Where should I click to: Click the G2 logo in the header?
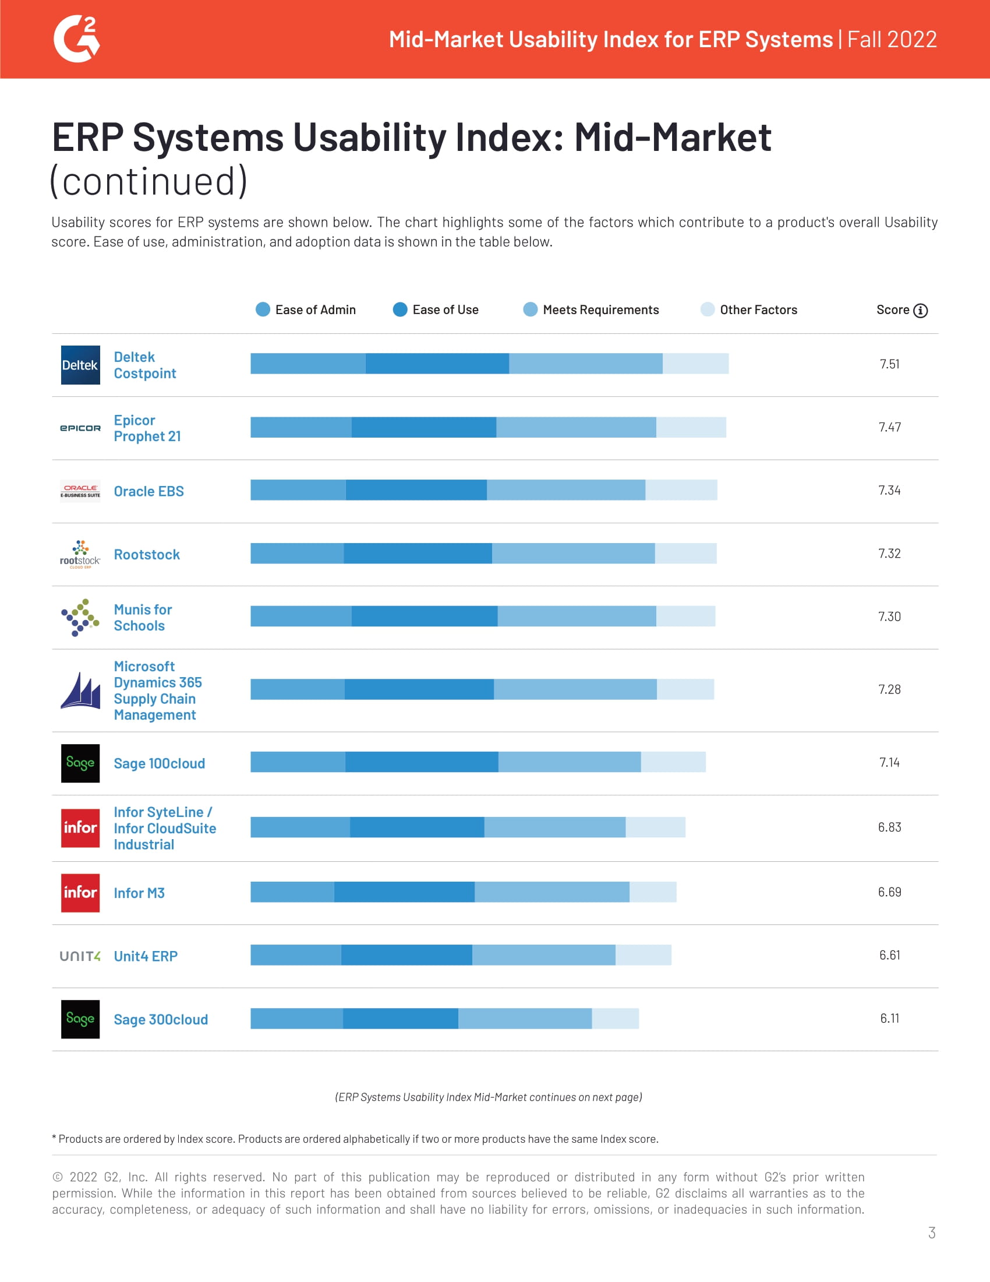click(77, 39)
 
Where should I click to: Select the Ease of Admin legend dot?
click(263, 309)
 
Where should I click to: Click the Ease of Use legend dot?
click(400, 309)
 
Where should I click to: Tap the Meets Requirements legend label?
click(600, 310)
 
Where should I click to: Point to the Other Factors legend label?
click(758, 310)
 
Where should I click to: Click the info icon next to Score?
click(921, 311)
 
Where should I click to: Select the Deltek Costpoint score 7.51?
click(889, 364)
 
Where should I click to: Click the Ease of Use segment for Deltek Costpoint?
click(437, 364)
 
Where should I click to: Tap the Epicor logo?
click(80, 428)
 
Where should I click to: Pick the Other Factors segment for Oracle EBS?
click(681, 490)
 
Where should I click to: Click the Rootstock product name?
click(147, 555)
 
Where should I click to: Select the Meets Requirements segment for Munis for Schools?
click(577, 617)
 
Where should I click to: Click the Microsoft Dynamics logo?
click(80, 691)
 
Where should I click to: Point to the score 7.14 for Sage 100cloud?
click(889, 763)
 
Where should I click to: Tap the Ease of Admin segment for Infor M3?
click(292, 892)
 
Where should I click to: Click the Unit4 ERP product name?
click(146, 956)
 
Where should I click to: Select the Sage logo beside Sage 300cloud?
click(80, 1019)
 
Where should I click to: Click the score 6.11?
click(889, 1019)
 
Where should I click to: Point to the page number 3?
click(931, 1232)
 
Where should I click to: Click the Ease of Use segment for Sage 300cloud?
click(400, 1019)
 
